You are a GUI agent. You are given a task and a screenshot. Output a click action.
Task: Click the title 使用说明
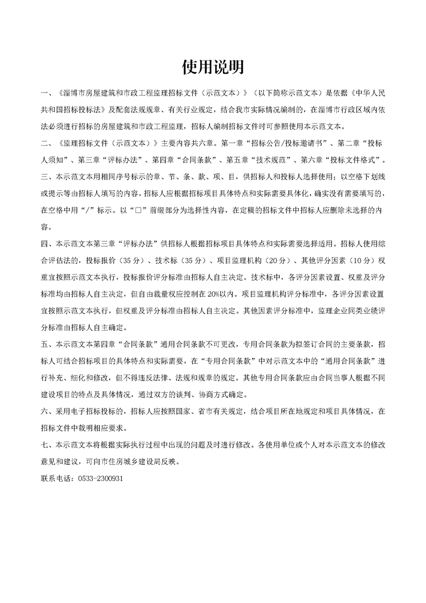point(213,67)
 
